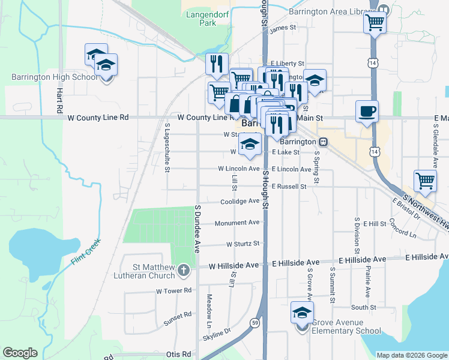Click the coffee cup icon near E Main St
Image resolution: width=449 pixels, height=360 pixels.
point(367,111)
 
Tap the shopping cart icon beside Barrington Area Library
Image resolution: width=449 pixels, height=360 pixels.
point(375,23)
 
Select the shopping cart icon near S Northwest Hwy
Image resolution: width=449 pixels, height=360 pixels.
point(425,180)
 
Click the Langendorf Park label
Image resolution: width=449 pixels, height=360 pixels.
point(200,18)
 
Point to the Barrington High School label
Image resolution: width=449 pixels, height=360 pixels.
point(54,77)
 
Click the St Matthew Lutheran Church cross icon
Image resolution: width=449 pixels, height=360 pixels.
point(184,271)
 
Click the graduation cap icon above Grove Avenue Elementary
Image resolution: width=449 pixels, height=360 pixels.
point(302,313)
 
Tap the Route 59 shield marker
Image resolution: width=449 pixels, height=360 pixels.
point(255,322)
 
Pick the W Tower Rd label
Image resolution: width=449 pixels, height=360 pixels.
point(173,290)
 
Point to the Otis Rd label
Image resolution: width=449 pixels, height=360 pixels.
point(178,354)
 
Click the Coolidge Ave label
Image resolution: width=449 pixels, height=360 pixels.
point(240,202)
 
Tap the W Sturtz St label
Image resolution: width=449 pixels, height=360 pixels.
point(243,244)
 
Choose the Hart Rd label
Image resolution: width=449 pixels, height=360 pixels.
point(60,101)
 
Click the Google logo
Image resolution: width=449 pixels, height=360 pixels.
point(20,353)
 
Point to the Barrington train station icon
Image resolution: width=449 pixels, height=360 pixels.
point(324,142)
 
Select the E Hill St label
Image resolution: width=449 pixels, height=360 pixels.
point(374,223)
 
